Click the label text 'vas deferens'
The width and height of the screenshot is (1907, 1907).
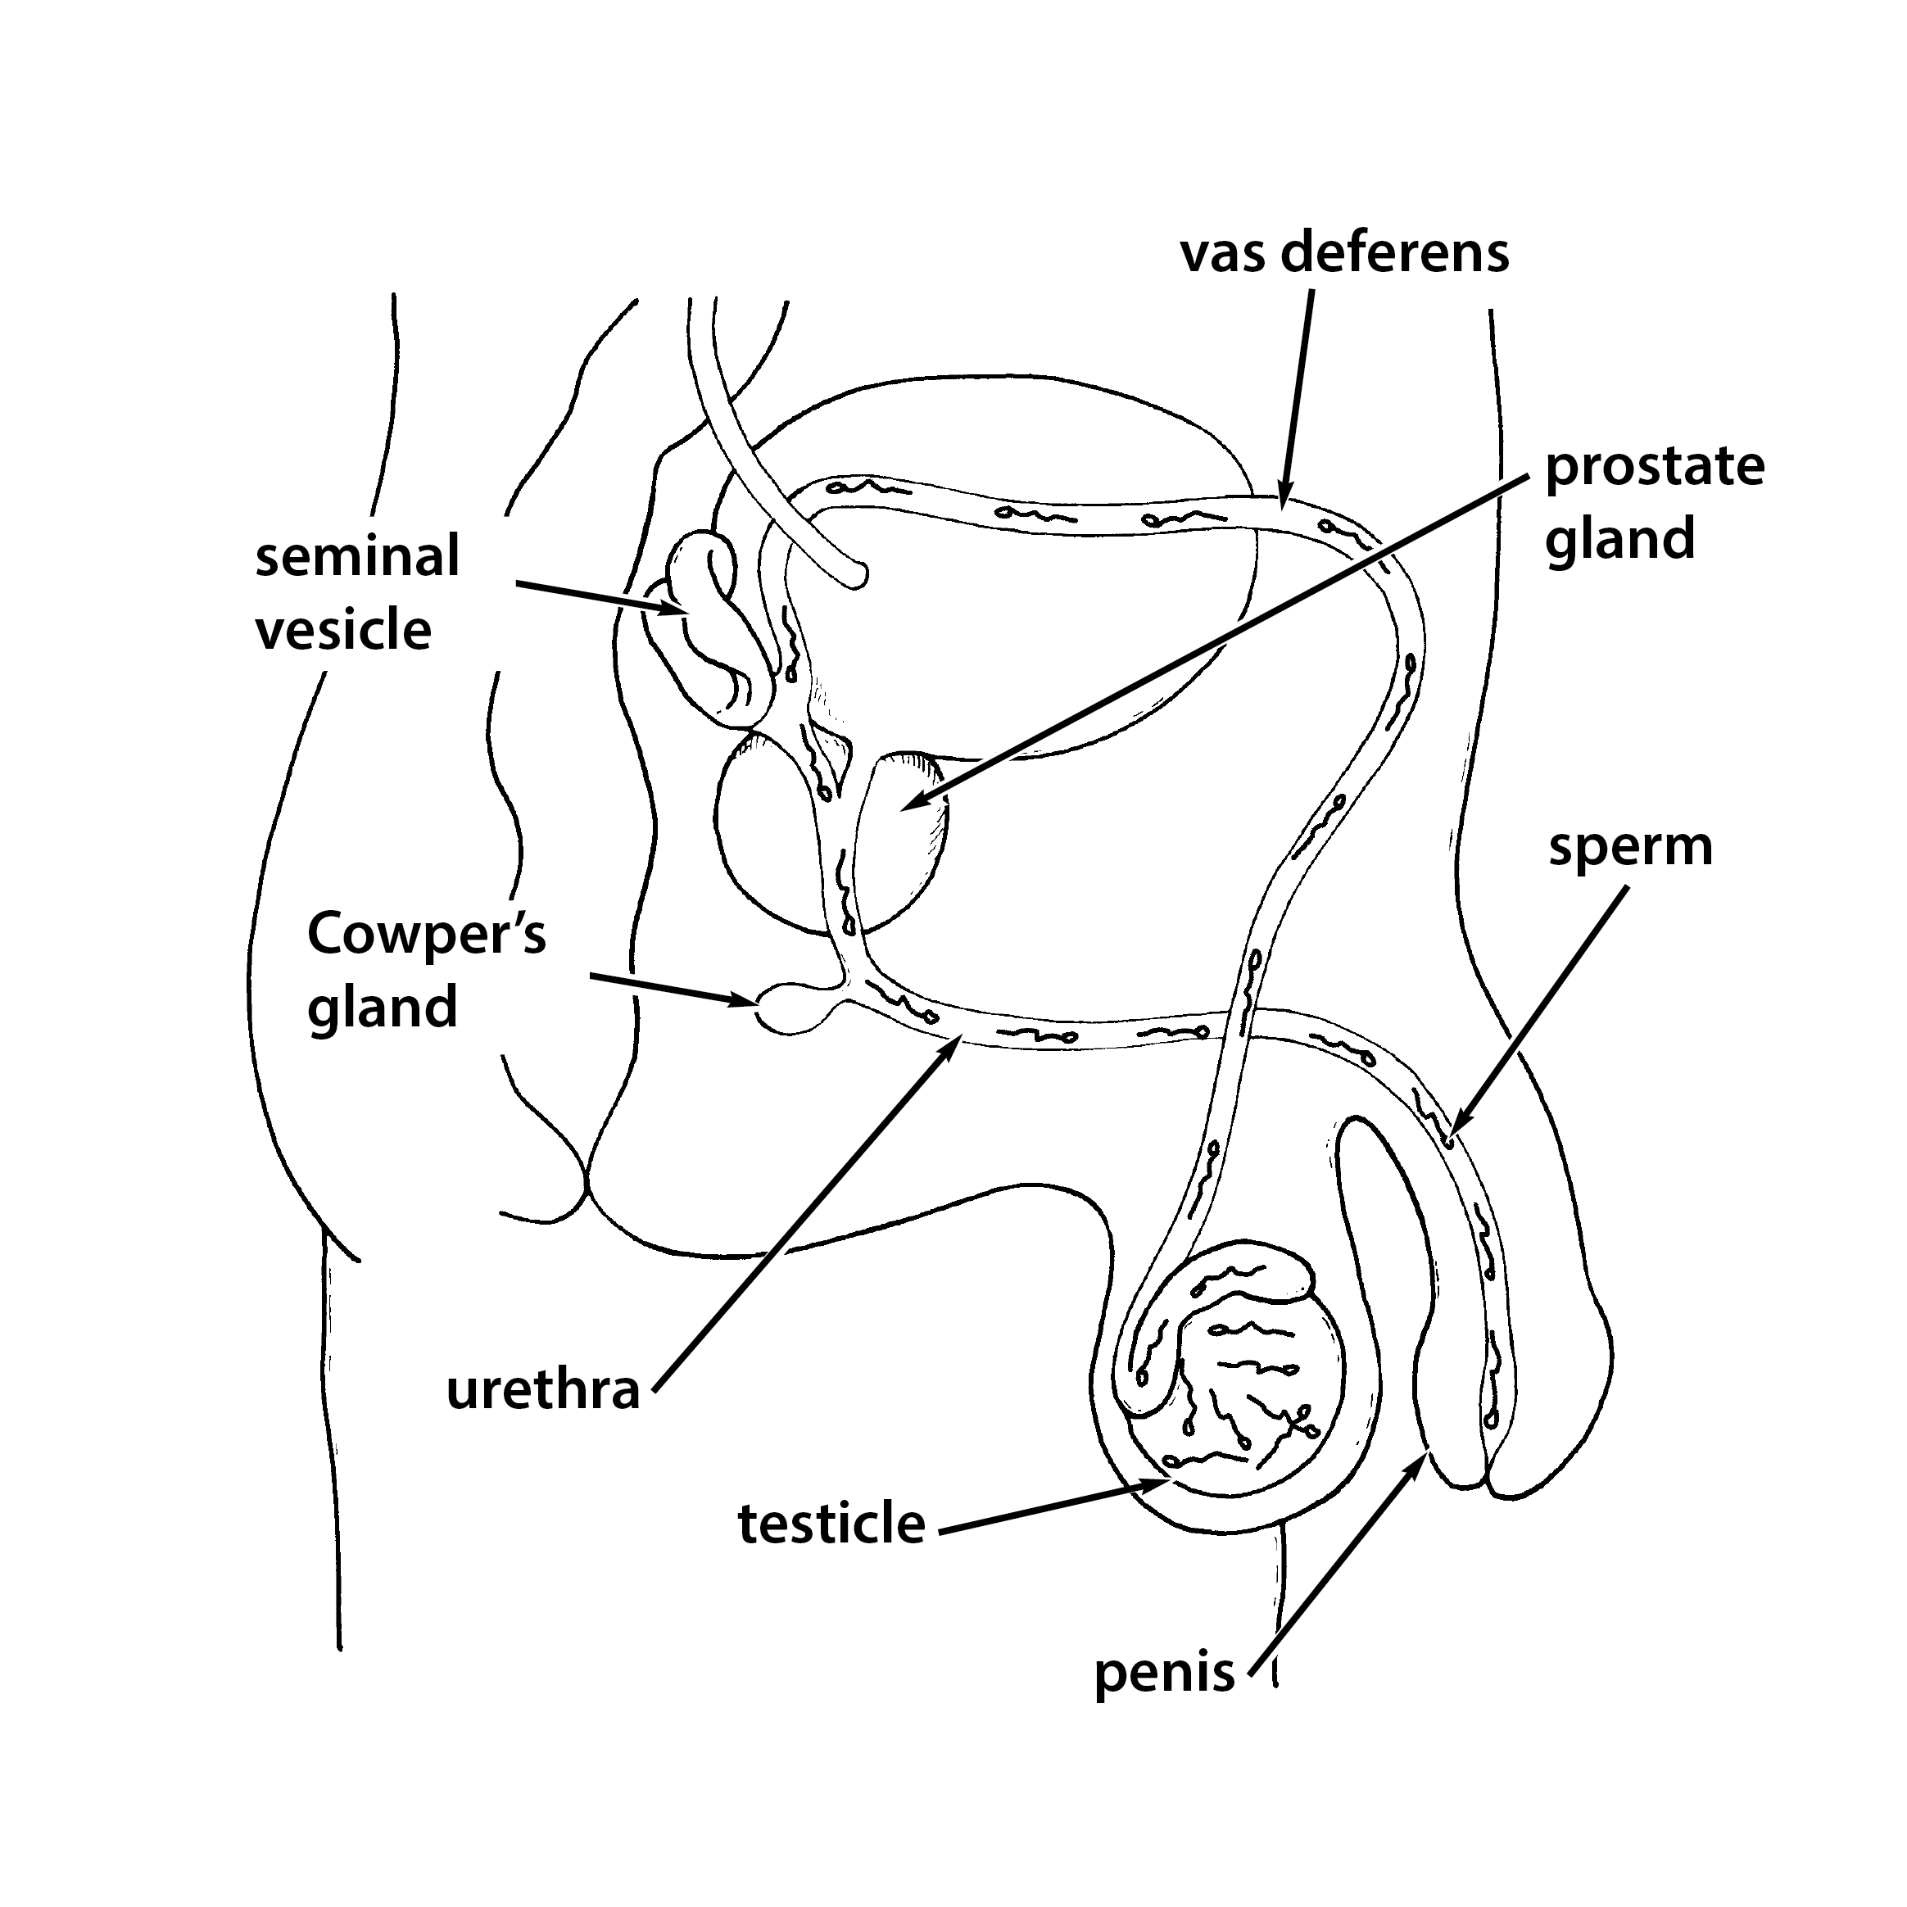[x=1344, y=255]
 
